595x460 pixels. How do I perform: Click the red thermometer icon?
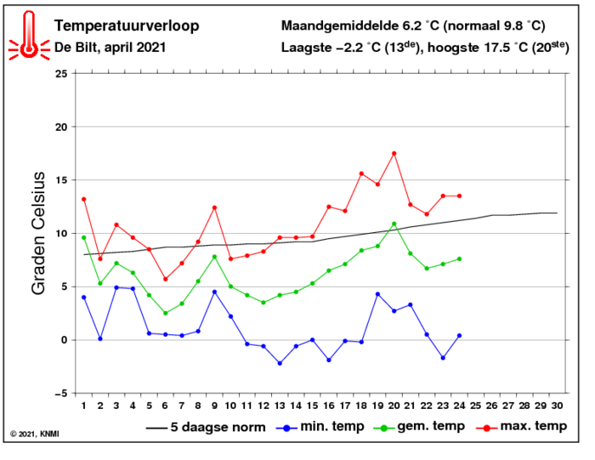coord(29,36)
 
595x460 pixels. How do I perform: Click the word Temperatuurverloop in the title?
coord(127,26)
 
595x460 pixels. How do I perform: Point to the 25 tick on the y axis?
coord(59,74)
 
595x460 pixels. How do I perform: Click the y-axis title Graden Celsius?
coord(38,233)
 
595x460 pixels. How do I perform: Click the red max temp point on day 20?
coord(394,154)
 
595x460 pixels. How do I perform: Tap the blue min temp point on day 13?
coord(280,363)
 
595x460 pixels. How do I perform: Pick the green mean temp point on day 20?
coord(394,224)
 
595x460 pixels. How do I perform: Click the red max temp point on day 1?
coord(83,199)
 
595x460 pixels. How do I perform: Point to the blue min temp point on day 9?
coord(214,292)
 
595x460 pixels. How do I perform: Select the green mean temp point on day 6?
coord(166,313)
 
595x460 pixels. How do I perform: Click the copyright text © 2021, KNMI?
coord(35,434)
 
